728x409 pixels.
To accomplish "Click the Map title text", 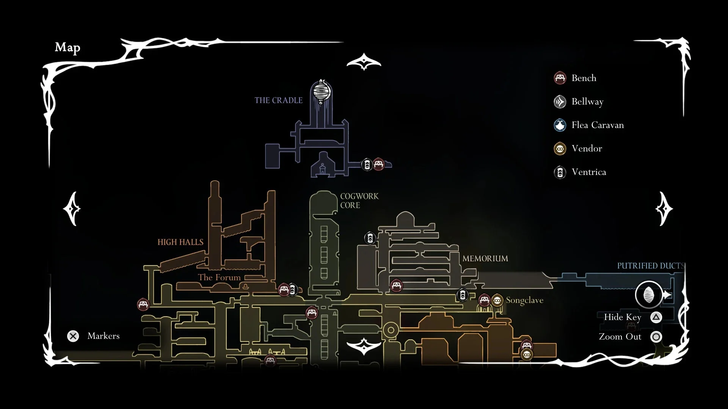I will coord(67,47).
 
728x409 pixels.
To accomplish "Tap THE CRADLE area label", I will coord(278,100).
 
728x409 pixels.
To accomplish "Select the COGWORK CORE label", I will coord(359,201).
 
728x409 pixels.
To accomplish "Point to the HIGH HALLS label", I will coord(180,242).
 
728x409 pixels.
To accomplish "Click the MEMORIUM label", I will coord(485,259).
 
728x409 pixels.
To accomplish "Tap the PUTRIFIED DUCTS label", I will coord(651,266).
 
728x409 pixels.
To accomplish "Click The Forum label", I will coord(219,278).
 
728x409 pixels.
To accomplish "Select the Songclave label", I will coord(524,300).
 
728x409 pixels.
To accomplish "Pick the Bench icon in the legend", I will coord(560,78).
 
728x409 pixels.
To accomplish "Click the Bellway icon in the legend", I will coord(560,101).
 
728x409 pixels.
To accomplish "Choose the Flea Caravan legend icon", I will coord(560,125).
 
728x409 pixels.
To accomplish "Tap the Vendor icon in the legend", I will coord(560,148).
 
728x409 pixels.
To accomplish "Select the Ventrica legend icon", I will coord(560,172).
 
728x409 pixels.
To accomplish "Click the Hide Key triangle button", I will coord(656,317).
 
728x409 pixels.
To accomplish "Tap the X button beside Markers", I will coord(73,336).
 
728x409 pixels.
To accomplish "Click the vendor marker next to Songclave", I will coord(497,300).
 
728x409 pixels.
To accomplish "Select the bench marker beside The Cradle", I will coord(378,164).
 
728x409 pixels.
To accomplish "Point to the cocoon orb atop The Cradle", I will coord(321,92).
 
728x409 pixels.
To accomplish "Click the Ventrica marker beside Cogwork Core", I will coord(370,238).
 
